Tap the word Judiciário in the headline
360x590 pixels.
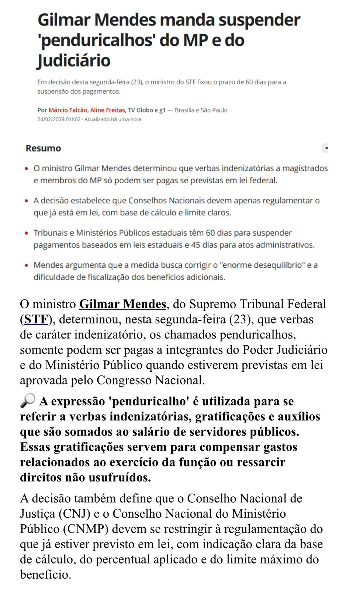point(74,60)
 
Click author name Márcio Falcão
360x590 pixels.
point(68,110)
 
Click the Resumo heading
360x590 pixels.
point(43,148)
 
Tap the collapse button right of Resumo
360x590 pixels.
point(325,148)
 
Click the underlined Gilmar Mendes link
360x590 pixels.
point(123,304)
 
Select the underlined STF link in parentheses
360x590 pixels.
point(36,319)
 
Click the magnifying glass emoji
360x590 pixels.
point(28,400)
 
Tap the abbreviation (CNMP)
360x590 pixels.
point(86,529)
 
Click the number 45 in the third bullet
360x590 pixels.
point(196,245)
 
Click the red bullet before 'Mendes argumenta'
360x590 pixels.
point(26,265)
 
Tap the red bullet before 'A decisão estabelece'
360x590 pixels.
point(26,201)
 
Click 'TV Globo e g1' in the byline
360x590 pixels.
point(146,110)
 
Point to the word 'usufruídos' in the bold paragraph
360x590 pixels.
point(119,477)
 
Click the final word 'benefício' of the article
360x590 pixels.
point(45,575)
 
